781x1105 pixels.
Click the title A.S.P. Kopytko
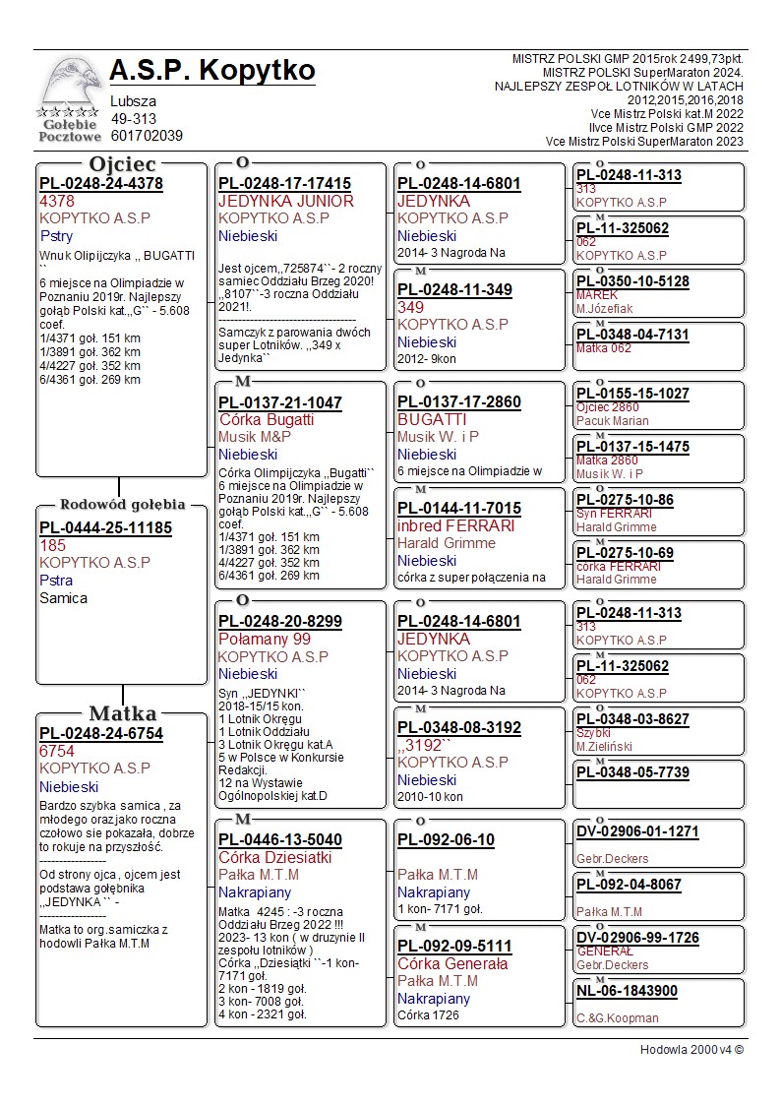212,71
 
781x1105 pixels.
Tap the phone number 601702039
147,136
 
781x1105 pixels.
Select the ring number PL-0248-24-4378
101,183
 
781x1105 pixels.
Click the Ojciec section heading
122,163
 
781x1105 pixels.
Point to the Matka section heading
122,713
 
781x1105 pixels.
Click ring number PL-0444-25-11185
105,527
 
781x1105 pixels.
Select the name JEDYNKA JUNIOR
285,201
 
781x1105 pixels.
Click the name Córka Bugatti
267,419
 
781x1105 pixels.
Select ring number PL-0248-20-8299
280,621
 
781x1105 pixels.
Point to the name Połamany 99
265,639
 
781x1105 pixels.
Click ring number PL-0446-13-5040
280,839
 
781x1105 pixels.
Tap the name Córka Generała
452,963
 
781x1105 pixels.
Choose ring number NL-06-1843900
627,991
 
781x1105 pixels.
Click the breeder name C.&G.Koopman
618,1017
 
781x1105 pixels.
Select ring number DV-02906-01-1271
637,831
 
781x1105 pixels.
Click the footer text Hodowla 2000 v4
691,1049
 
